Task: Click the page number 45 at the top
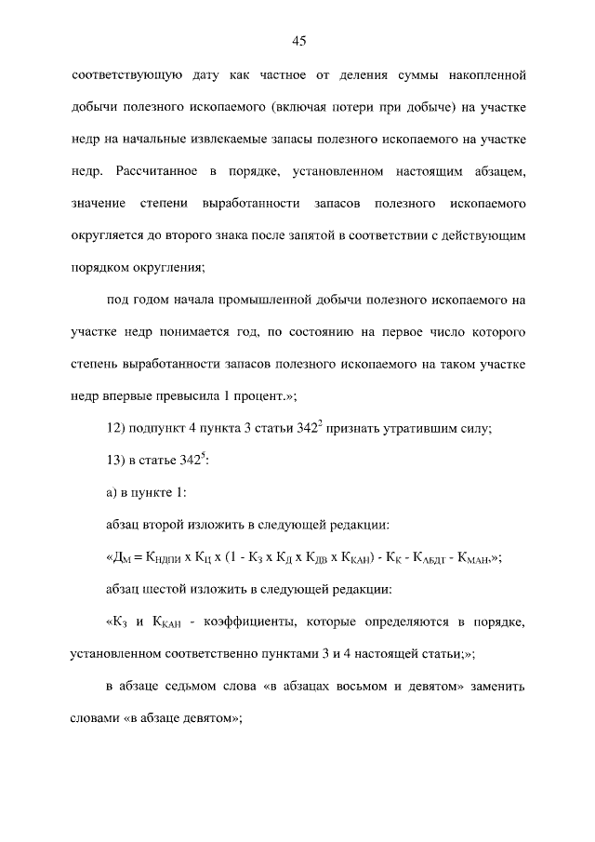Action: [298, 40]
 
